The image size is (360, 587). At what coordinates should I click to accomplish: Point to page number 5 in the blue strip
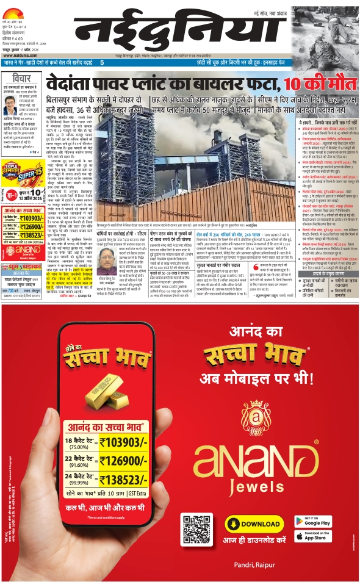point(102,63)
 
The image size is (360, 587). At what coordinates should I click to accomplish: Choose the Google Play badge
point(314,522)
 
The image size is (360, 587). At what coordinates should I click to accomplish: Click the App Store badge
point(314,537)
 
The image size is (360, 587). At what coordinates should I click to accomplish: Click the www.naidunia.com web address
point(21,52)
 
